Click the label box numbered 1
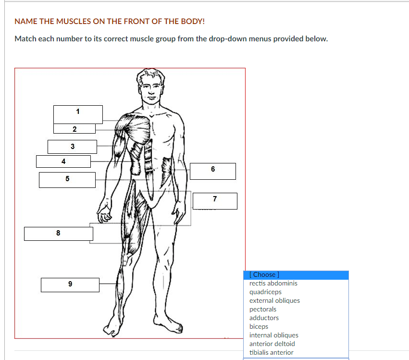pos(78,114)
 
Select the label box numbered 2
pos(74,129)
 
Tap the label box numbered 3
pos(72,147)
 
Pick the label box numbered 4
pos(63,161)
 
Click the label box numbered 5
pos(67,180)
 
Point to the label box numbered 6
pos(213,172)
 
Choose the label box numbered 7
pos(215,201)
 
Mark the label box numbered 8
pos(59,234)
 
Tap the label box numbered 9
pos(70,285)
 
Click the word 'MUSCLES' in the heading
pos(74,22)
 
